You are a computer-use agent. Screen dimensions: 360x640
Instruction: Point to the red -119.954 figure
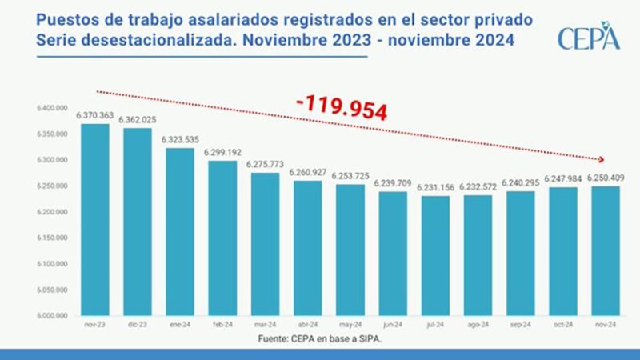341,105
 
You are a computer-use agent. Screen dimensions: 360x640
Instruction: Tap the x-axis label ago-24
478,326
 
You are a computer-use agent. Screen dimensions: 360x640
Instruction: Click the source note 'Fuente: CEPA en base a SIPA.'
318,339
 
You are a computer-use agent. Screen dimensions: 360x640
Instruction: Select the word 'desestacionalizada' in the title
150,38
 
